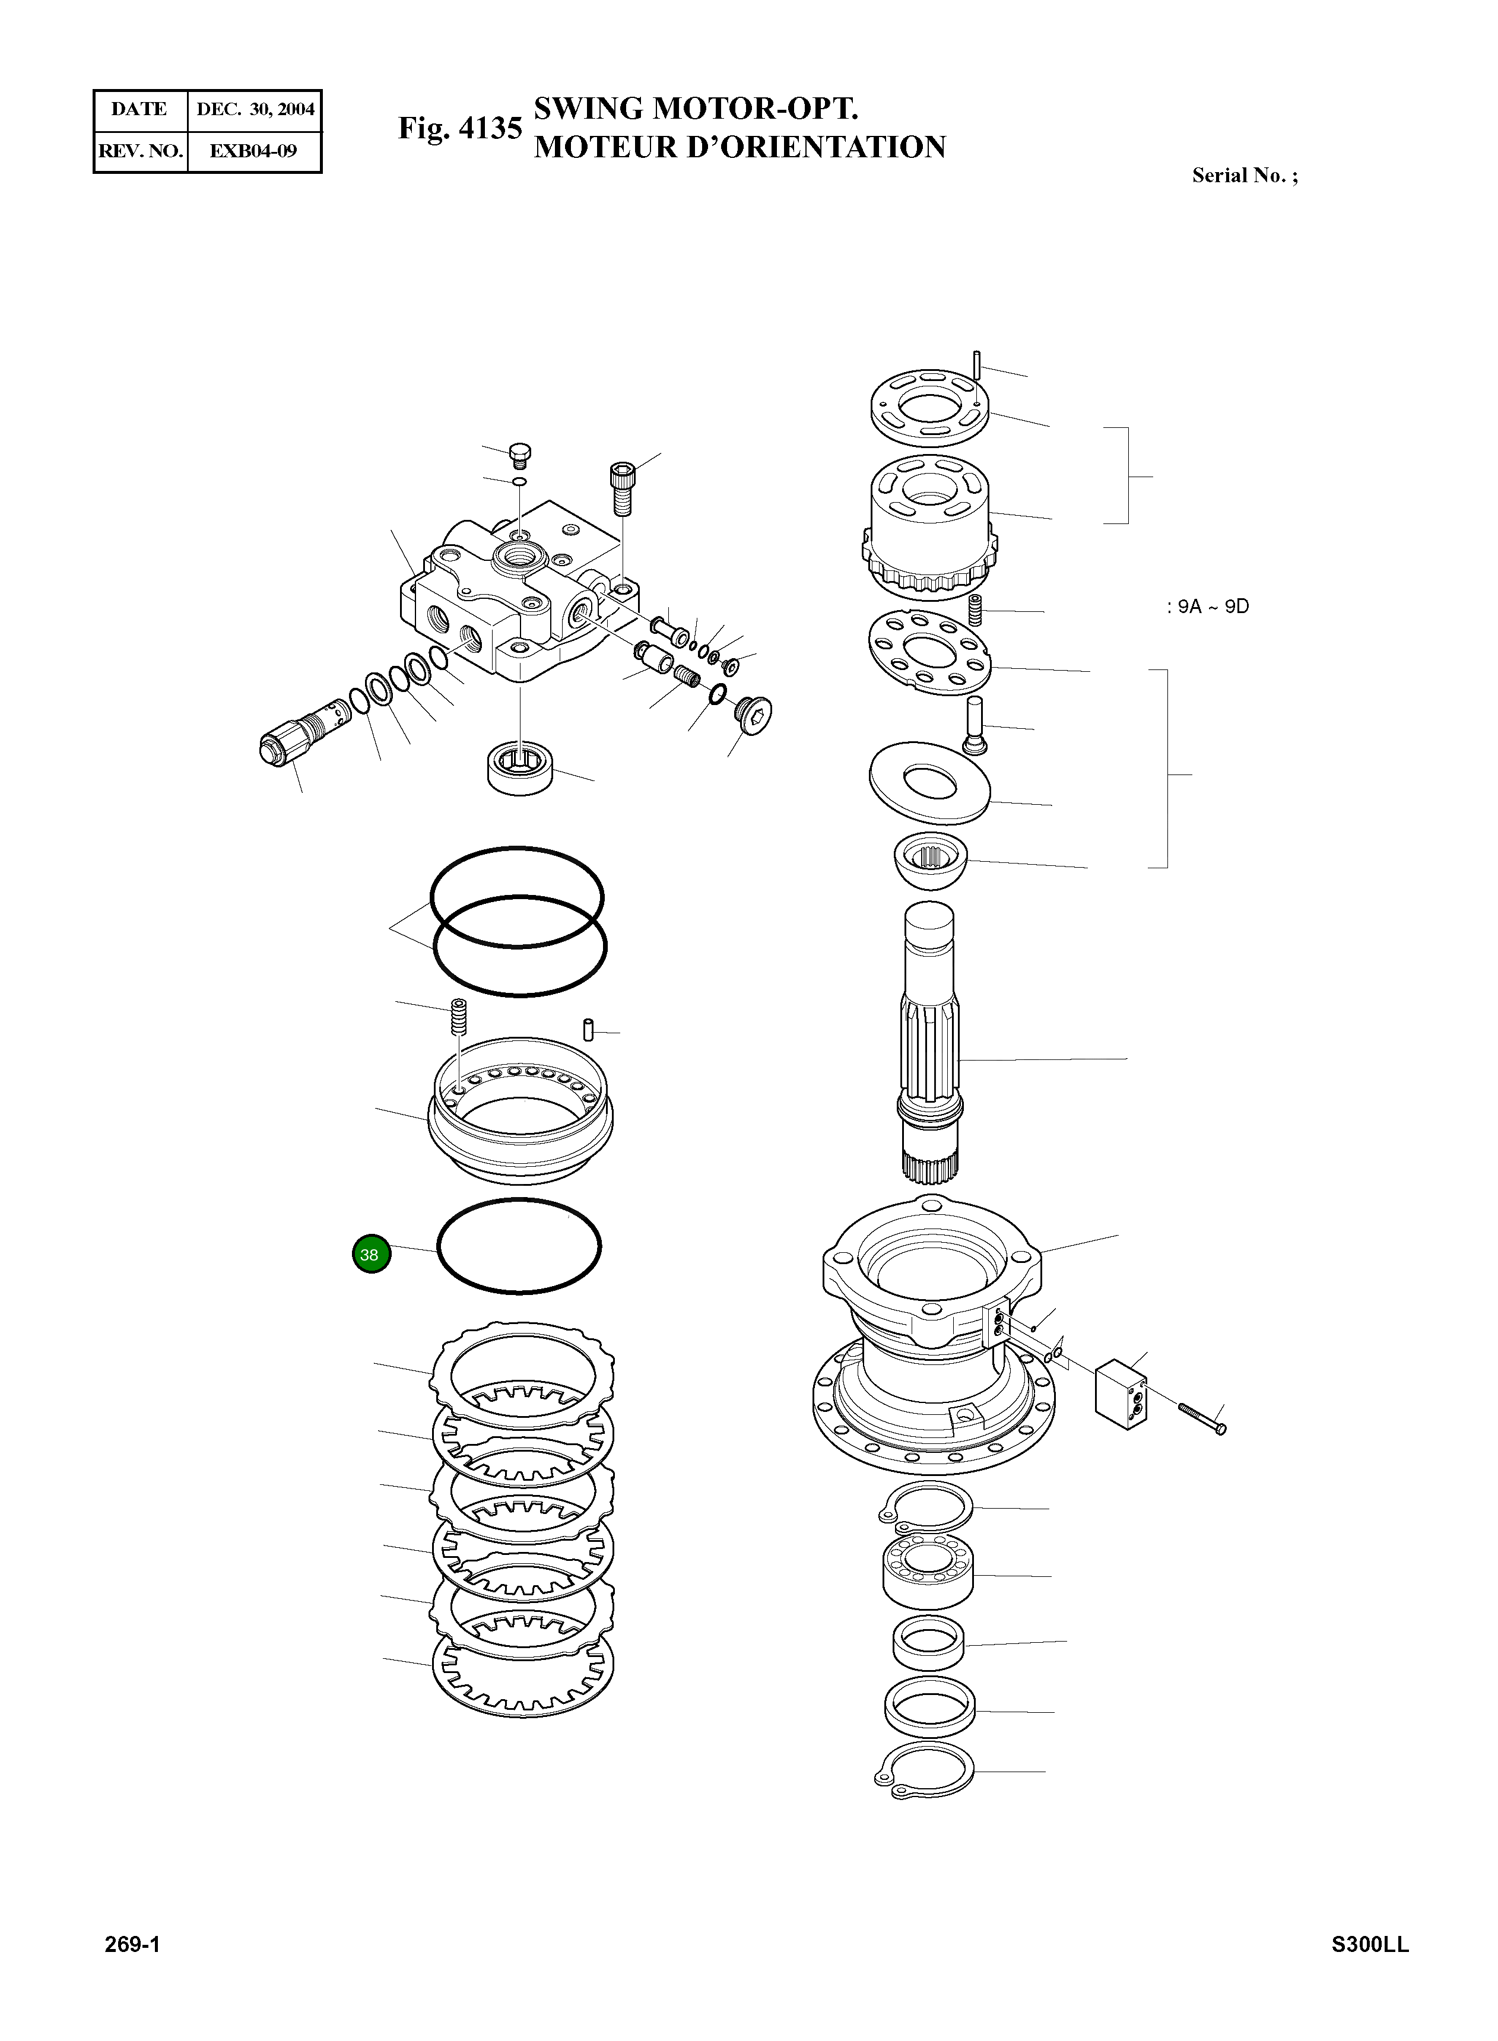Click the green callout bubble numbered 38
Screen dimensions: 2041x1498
coord(369,1255)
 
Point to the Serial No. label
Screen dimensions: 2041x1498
coord(1243,176)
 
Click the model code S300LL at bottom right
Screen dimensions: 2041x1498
coord(1370,1970)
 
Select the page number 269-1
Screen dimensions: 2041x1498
coord(132,1970)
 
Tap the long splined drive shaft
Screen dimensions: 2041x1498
coord(929,1043)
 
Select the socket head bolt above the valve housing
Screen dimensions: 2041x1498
coord(621,487)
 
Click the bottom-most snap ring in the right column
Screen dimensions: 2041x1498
coord(925,1773)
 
